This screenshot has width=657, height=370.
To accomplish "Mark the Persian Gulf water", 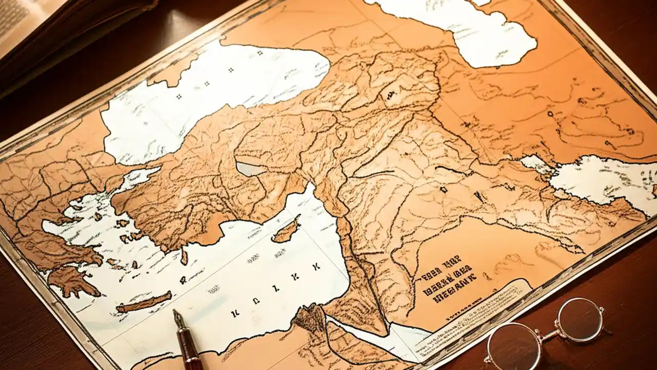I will click(x=601, y=180).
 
